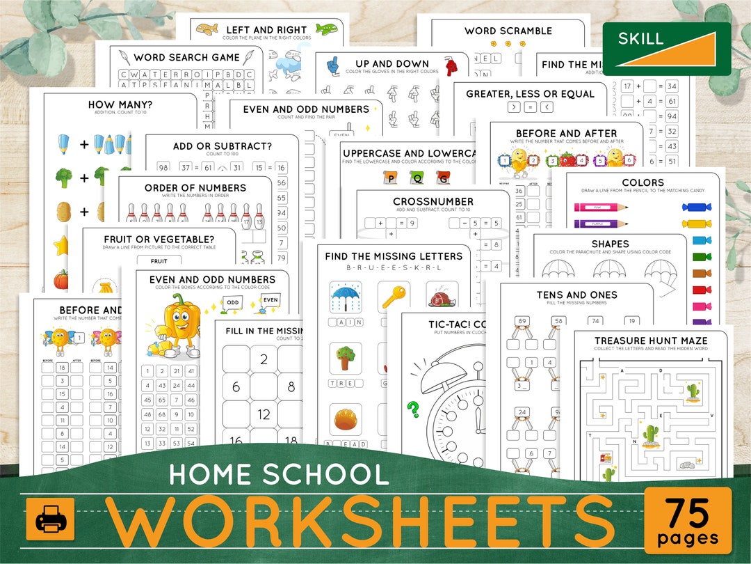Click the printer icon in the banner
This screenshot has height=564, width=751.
(x=50, y=519)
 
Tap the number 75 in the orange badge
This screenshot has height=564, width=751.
(x=688, y=514)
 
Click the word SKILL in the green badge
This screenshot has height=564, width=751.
(x=640, y=38)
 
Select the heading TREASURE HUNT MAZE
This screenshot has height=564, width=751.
(x=651, y=340)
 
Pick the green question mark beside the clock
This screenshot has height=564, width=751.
(x=413, y=410)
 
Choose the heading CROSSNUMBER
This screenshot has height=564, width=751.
(x=433, y=202)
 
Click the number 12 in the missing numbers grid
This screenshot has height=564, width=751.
(x=264, y=414)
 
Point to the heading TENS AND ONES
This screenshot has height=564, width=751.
(x=576, y=295)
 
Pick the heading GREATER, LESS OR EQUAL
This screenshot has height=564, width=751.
(x=530, y=94)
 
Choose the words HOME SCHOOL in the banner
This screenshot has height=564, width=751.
(x=279, y=474)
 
